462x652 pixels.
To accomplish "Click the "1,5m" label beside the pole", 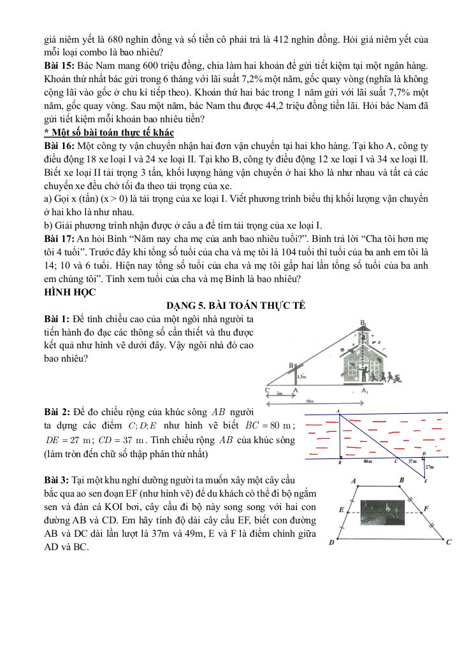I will tap(303, 377).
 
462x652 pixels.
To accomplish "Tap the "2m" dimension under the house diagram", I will tap(278, 393).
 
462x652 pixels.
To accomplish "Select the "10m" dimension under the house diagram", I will tap(310, 402).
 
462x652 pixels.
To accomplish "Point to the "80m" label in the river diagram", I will tap(368, 460).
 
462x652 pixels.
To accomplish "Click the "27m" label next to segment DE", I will tap(429, 467).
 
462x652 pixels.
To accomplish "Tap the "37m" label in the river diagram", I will tap(411, 460).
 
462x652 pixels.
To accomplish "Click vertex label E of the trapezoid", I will tap(342, 510).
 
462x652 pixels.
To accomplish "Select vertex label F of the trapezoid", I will tap(426, 509).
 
